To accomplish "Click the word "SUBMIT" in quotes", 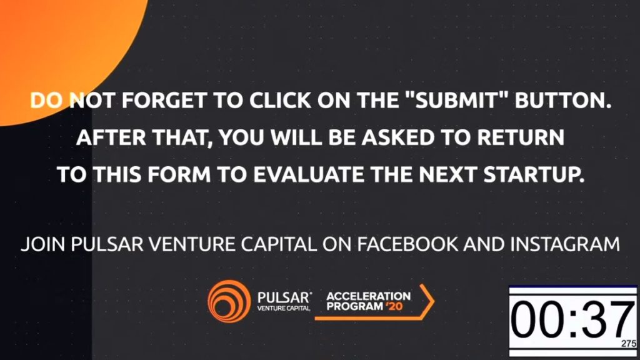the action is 457,101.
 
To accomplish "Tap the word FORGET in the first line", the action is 163,101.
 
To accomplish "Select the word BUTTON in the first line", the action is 562,101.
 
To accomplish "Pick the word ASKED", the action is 398,137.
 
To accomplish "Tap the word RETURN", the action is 521,137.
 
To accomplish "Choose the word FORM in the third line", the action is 179,174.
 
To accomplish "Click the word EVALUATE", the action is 309,174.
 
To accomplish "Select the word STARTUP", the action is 534,175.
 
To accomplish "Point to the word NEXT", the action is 447,174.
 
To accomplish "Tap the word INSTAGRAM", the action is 565,244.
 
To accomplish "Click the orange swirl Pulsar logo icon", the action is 229,301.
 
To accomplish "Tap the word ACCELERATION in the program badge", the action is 369,296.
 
